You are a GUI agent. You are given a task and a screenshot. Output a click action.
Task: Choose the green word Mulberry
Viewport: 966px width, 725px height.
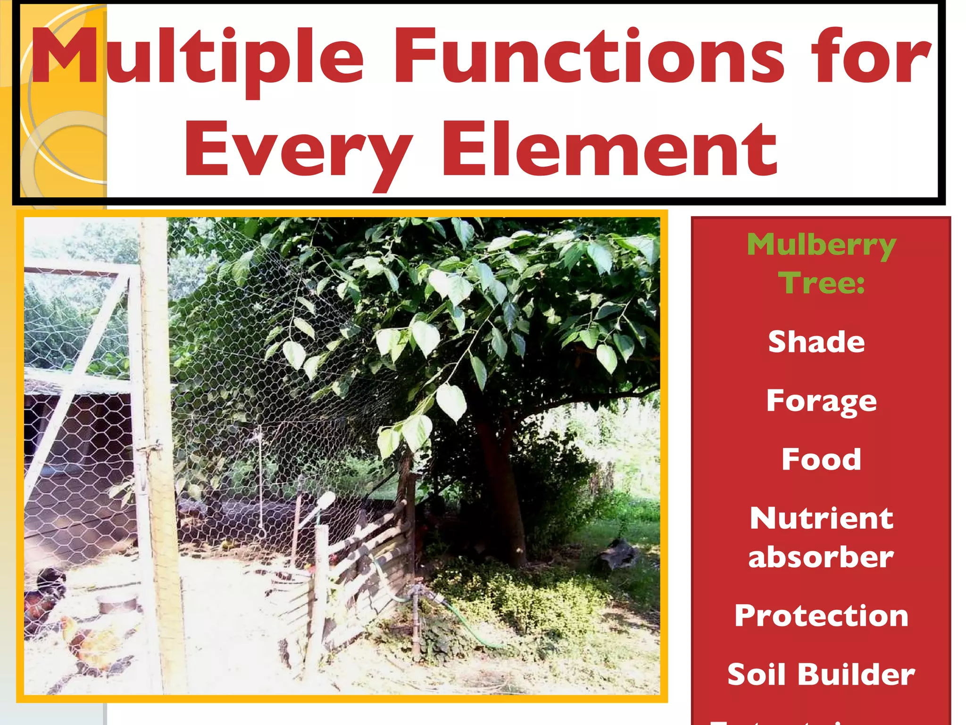click(x=821, y=245)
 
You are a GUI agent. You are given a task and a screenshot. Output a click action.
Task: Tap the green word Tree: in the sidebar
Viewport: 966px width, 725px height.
click(x=821, y=283)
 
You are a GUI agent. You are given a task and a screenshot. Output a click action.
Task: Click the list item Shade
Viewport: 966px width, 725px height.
click(x=816, y=342)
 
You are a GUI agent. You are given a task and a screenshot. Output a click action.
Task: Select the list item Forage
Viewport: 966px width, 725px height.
click(x=821, y=401)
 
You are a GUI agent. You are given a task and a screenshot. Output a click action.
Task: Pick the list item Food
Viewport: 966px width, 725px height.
click(x=821, y=459)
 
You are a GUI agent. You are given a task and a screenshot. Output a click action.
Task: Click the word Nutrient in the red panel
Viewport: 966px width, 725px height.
click(x=821, y=518)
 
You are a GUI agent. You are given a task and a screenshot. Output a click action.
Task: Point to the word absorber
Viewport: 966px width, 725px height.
click(x=821, y=557)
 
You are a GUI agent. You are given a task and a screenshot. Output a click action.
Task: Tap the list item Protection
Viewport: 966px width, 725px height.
click(x=821, y=615)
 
